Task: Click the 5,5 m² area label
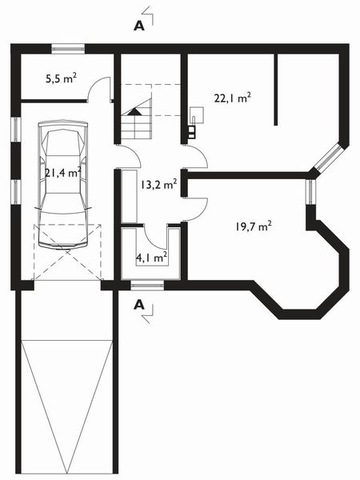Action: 61,78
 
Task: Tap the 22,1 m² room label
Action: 232,98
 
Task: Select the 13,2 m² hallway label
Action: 158,184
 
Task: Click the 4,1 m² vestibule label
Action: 151,258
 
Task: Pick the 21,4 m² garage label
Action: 62,172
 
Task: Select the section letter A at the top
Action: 139,26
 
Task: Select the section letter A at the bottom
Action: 139,304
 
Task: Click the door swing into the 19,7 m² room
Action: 196,208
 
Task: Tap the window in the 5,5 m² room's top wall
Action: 68,49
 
